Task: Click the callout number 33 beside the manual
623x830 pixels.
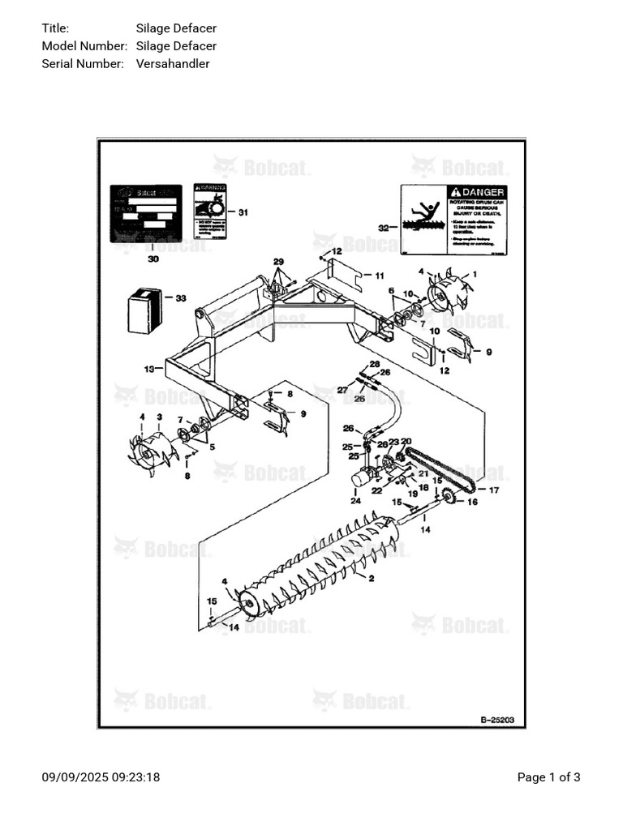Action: [x=181, y=298]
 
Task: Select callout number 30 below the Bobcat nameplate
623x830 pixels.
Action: [x=153, y=259]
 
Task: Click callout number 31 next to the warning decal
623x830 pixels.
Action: [x=242, y=212]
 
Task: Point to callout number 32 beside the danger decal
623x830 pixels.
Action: [x=384, y=228]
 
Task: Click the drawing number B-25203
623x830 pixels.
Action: [x=496, y=719]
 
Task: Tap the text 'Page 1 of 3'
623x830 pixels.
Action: [x=548, y=777]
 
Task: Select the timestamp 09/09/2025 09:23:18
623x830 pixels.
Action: [x=101, y=777]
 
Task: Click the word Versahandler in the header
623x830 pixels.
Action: [x=173, y=63]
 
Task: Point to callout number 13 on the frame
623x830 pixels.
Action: [x=149, y=369]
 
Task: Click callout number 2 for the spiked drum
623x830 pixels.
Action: [x=371, y=579]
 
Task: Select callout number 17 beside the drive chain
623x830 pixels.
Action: [x=493, y=490]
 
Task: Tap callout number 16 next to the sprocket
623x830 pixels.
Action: [x=472, y=502]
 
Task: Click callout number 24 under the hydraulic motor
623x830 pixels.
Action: [x=355, y=501]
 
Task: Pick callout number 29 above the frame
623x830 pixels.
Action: [x=278, y=261]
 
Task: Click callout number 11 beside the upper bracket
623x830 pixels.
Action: [x=379, y=276]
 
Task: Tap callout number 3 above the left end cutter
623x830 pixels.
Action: [x=159, y=417]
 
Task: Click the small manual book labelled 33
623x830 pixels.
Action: [x=145, y=310]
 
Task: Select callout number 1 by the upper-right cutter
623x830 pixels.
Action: [x=475, y=274]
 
